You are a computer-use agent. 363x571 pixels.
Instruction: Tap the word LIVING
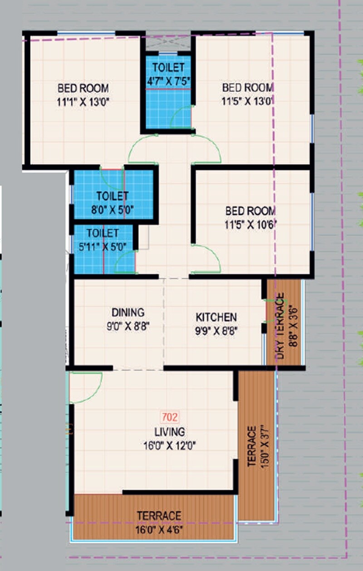point(169,431)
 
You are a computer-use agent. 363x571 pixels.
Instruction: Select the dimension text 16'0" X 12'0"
point(169,445)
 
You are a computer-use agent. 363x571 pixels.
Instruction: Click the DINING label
point(128,312)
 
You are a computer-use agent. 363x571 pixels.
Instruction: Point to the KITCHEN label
point(216,316)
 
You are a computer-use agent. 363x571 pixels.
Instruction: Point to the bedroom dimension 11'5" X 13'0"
point(247,101)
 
